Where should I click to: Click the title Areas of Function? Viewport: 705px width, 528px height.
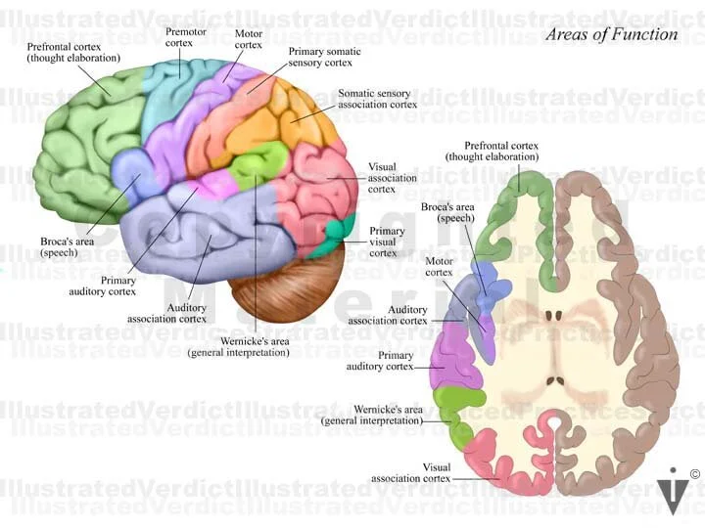click(611, 34)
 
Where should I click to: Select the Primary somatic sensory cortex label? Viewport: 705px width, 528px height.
click(324, 57)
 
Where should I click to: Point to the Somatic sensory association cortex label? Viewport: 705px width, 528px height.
click(377, 99)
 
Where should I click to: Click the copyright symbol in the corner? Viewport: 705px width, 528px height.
click(694, 474)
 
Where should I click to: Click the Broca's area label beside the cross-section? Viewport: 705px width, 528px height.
click(447, 212)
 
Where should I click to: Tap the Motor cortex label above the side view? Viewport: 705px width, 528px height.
click(248, 38)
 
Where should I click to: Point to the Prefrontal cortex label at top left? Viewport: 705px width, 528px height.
click(73, 52)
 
